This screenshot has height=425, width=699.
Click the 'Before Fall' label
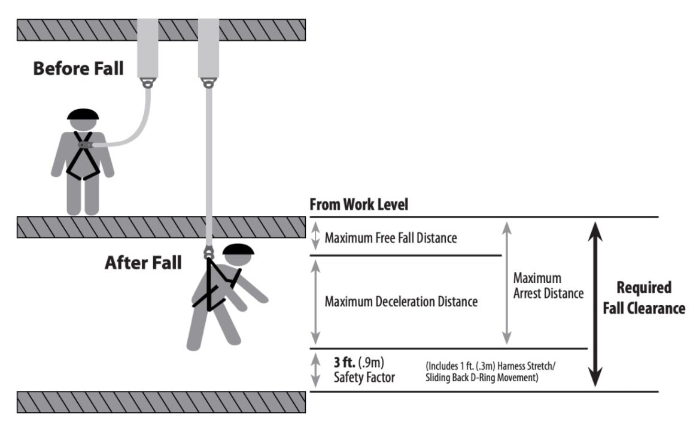tap(78, 68)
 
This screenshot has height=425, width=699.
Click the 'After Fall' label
tap(143, 263)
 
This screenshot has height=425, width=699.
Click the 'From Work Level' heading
tap(358, 204)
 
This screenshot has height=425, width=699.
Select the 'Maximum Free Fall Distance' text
tap(391, 238)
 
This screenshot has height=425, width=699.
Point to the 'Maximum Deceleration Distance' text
tap(401, 302)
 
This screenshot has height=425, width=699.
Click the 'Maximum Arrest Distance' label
tap(548, 286)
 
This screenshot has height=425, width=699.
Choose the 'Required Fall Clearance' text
tap(643, 298)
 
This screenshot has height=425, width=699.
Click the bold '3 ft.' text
tap(346, 363)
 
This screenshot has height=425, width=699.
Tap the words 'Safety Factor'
tap(364, 378)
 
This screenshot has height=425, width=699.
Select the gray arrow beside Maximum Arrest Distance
tap(506, 282)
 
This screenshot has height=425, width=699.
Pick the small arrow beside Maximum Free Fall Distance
tap(316, 237)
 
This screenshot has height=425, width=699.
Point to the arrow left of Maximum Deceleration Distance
tap(316, 302)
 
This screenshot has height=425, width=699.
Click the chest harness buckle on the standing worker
tap(85, 144)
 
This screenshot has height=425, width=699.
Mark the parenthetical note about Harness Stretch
tap(491, 372)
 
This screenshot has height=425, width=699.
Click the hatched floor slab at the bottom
tap(162, 402)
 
